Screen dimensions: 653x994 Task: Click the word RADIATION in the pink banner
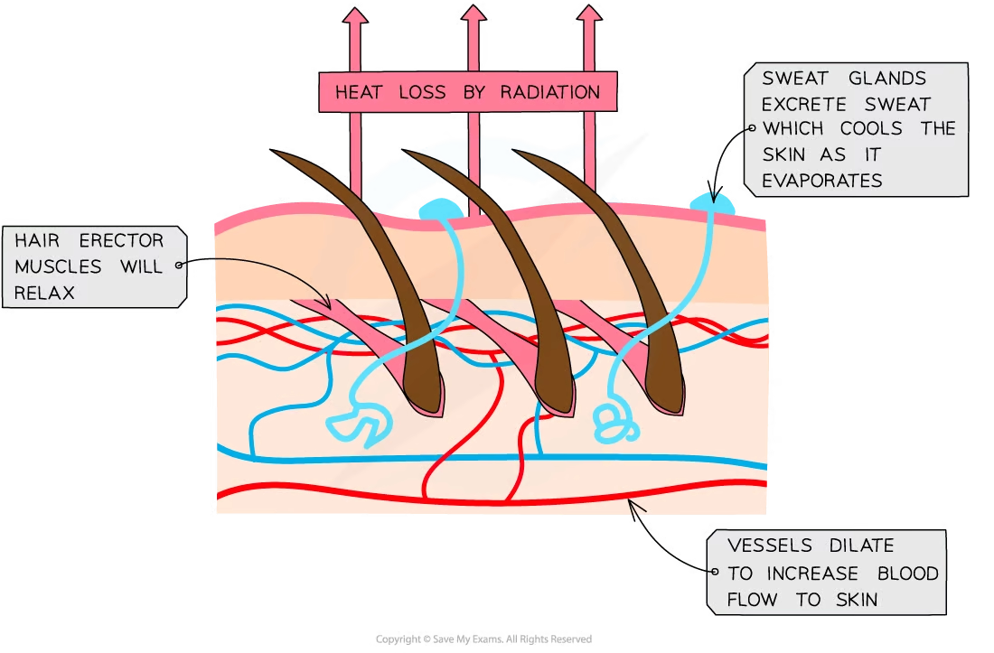(x=552, y=92)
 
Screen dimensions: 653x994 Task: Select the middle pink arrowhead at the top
(x=473, y=15)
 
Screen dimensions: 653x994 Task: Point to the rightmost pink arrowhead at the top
(x=589, y=15)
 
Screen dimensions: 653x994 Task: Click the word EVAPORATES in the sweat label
(x=821, y=181)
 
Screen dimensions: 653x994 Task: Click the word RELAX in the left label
(x=44, y=293)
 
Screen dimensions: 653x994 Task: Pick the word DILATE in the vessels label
(x=861, y=546)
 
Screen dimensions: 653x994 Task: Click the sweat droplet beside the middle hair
(x=440, y=210)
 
